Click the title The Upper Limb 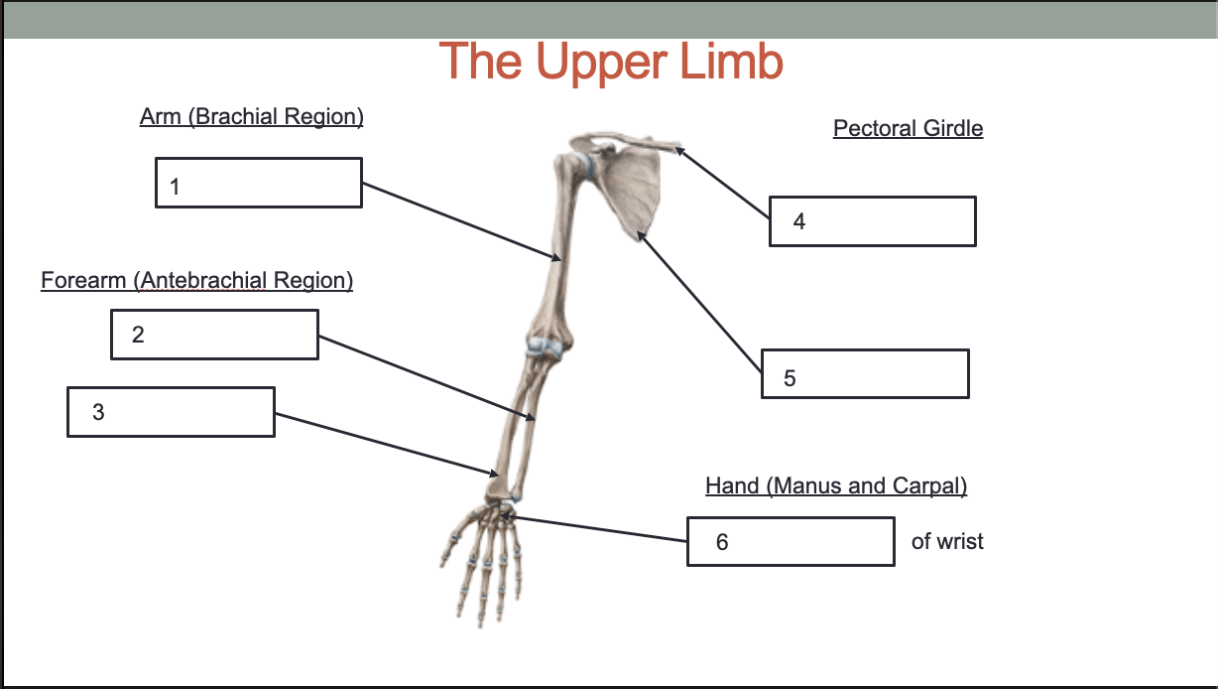611,62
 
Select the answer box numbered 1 258,183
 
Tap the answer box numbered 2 214,335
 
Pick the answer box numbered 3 171,412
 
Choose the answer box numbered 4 872,221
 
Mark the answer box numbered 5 865,374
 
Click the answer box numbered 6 791,542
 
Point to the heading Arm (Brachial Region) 252,117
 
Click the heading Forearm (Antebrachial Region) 196,281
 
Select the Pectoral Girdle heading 908,128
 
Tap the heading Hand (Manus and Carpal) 835,485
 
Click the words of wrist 947,542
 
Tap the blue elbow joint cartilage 545,346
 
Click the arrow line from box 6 595,528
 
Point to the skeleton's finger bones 486,571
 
